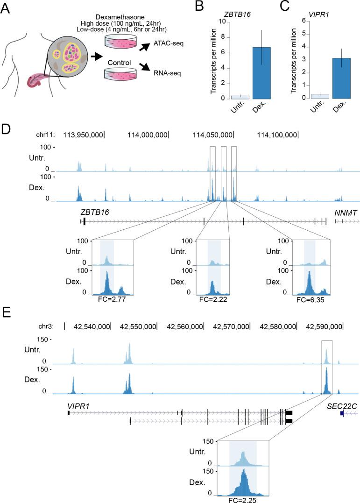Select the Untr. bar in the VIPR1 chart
click(319, 96)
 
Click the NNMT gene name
click(346, 213)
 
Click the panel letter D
click(6, 128)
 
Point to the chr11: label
click(46, 135)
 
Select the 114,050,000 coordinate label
click(213, 135)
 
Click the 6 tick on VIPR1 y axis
click(304, 21)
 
